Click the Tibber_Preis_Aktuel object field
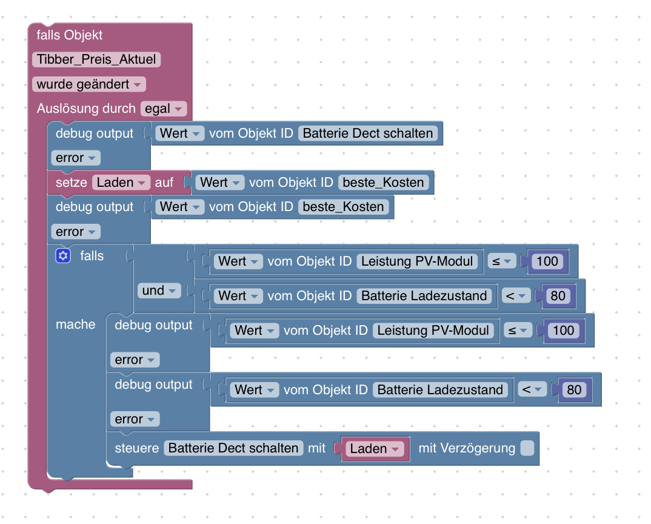point(96,60)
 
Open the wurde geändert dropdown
point(89,84)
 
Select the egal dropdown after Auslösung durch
point(164,109)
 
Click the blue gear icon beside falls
point(63,256)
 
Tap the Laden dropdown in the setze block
point(121,183)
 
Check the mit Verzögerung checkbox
point(527,448)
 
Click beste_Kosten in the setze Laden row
point(384,183)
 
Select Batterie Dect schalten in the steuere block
point(234,448)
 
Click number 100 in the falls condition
point(547,261)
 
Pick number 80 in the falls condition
point(558,296)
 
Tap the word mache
point(76,324)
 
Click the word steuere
point(137,448)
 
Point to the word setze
point(72,183)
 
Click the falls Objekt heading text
point(70,35)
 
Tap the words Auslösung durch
point(86,109)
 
